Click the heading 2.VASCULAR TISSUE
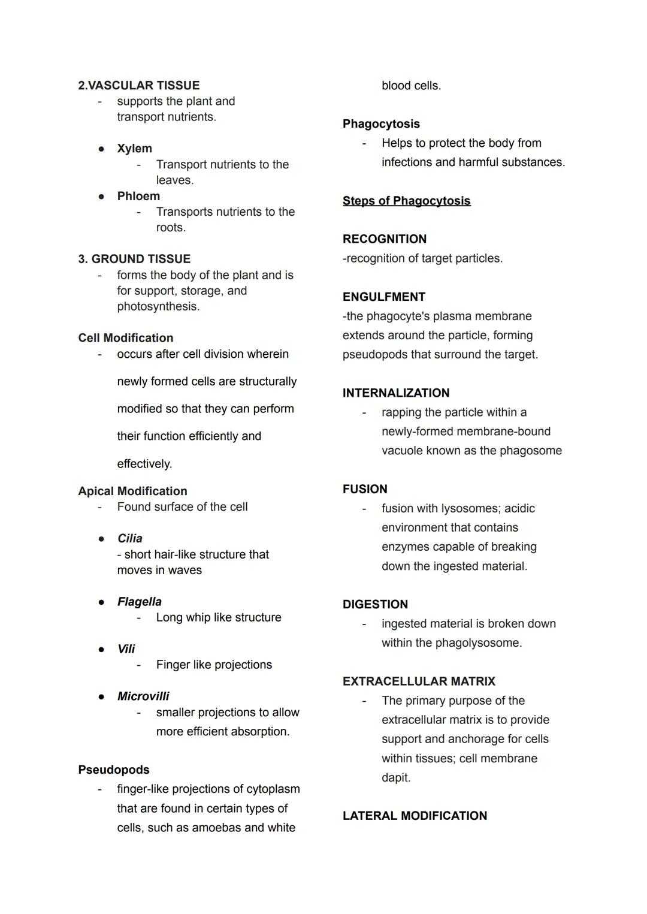click(138, 85)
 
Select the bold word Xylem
click(134, 148)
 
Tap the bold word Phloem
click(138, 196)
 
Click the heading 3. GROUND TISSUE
click(134, 259)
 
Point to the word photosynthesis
click(158, 306)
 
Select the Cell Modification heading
click(125, 338)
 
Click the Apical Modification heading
click(132, 491)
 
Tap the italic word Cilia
click(129, 538)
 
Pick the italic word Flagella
click(139, 602)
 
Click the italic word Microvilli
click(143, 696)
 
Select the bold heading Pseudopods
click(114, 770)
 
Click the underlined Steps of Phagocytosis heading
click(406, 201)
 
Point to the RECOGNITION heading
click(385, 239)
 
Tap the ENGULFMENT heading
click(384, 297)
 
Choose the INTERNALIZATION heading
click(396, 393)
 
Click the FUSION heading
click(365, 489)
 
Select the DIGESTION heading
click(375, 604)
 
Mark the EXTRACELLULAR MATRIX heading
click(419, 681)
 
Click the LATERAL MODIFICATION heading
click(415, 816)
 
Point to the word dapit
click(395, 777)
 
